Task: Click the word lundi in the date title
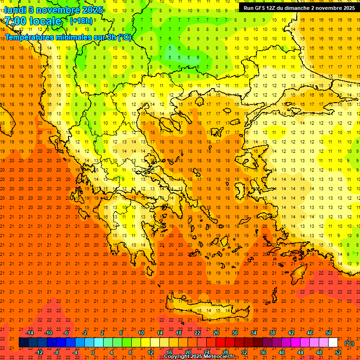15,10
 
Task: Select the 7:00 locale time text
33,21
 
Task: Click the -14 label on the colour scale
30,333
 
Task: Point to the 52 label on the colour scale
338,352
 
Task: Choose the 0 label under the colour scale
93,352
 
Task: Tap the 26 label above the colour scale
216,333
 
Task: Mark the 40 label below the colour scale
282,352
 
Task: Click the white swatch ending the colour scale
333,343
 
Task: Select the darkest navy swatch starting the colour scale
23,343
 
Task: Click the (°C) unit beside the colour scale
349,343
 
